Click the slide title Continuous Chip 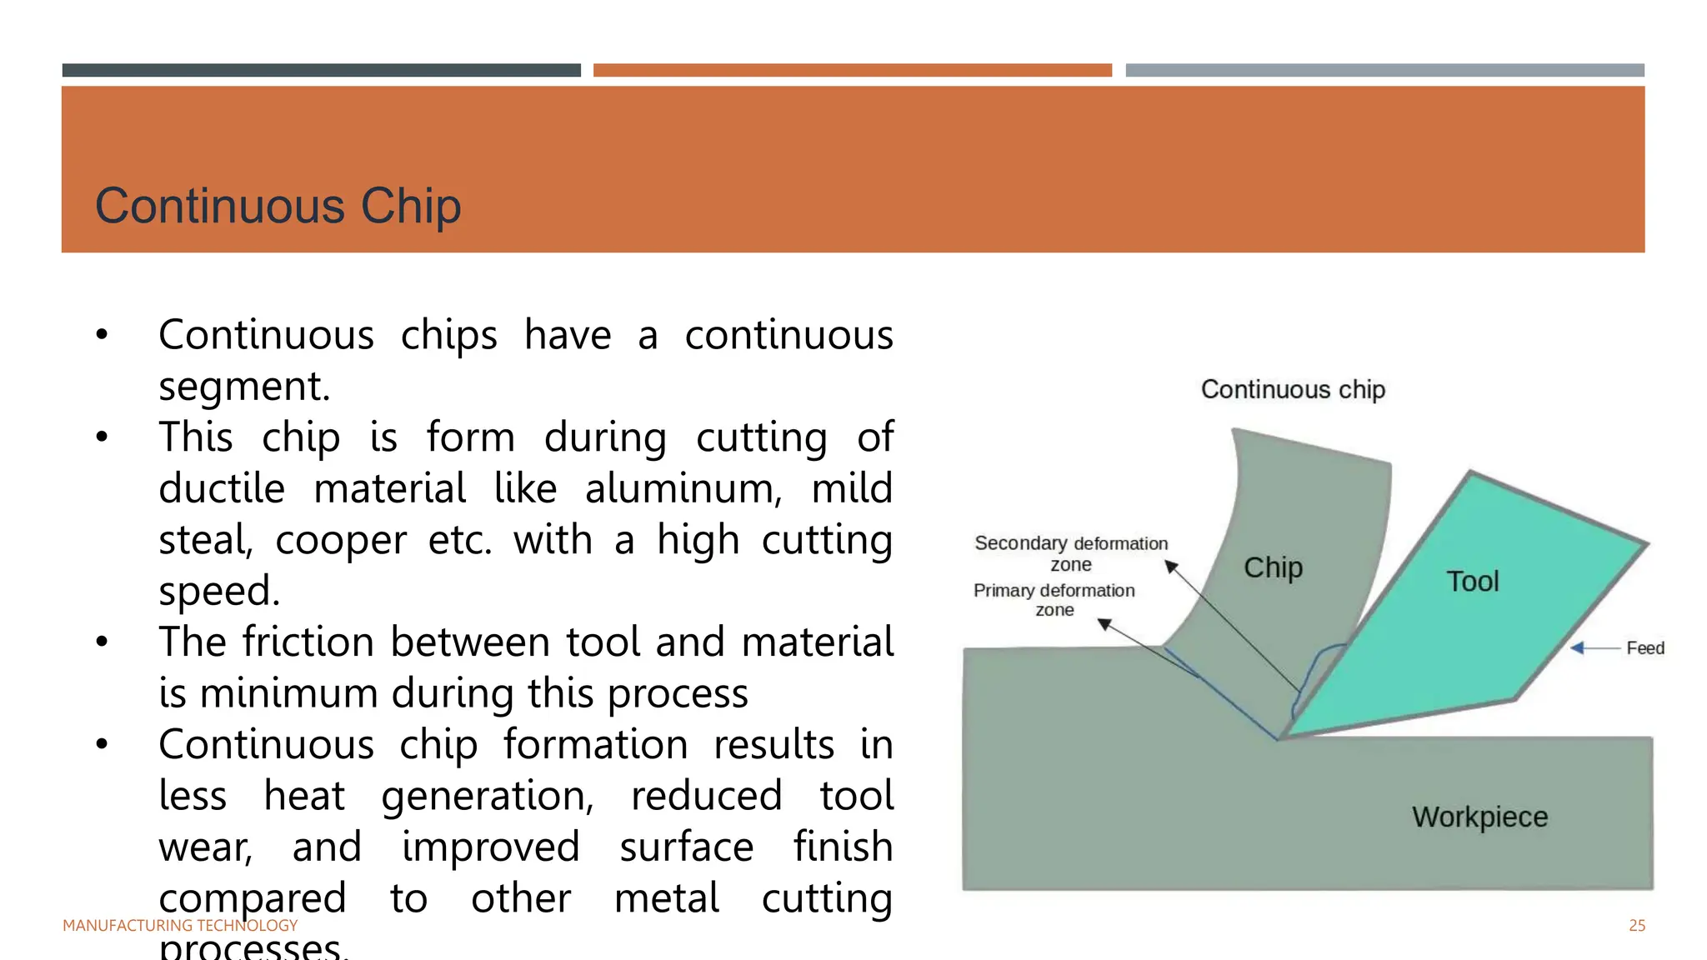[278, 206]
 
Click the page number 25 [1636, 925]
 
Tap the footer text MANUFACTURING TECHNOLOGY [180, 925]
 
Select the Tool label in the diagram [1472, 581]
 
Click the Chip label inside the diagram [1273, 567]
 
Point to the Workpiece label [1479, 817]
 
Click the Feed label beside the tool [1644, 648]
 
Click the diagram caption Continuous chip [1293, 389]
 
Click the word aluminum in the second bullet [683, 489]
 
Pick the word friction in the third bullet [315, 642]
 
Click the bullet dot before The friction [102, 642]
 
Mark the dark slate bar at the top [321, 70]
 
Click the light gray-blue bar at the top [1384, 70]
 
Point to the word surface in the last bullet [686, 847]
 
